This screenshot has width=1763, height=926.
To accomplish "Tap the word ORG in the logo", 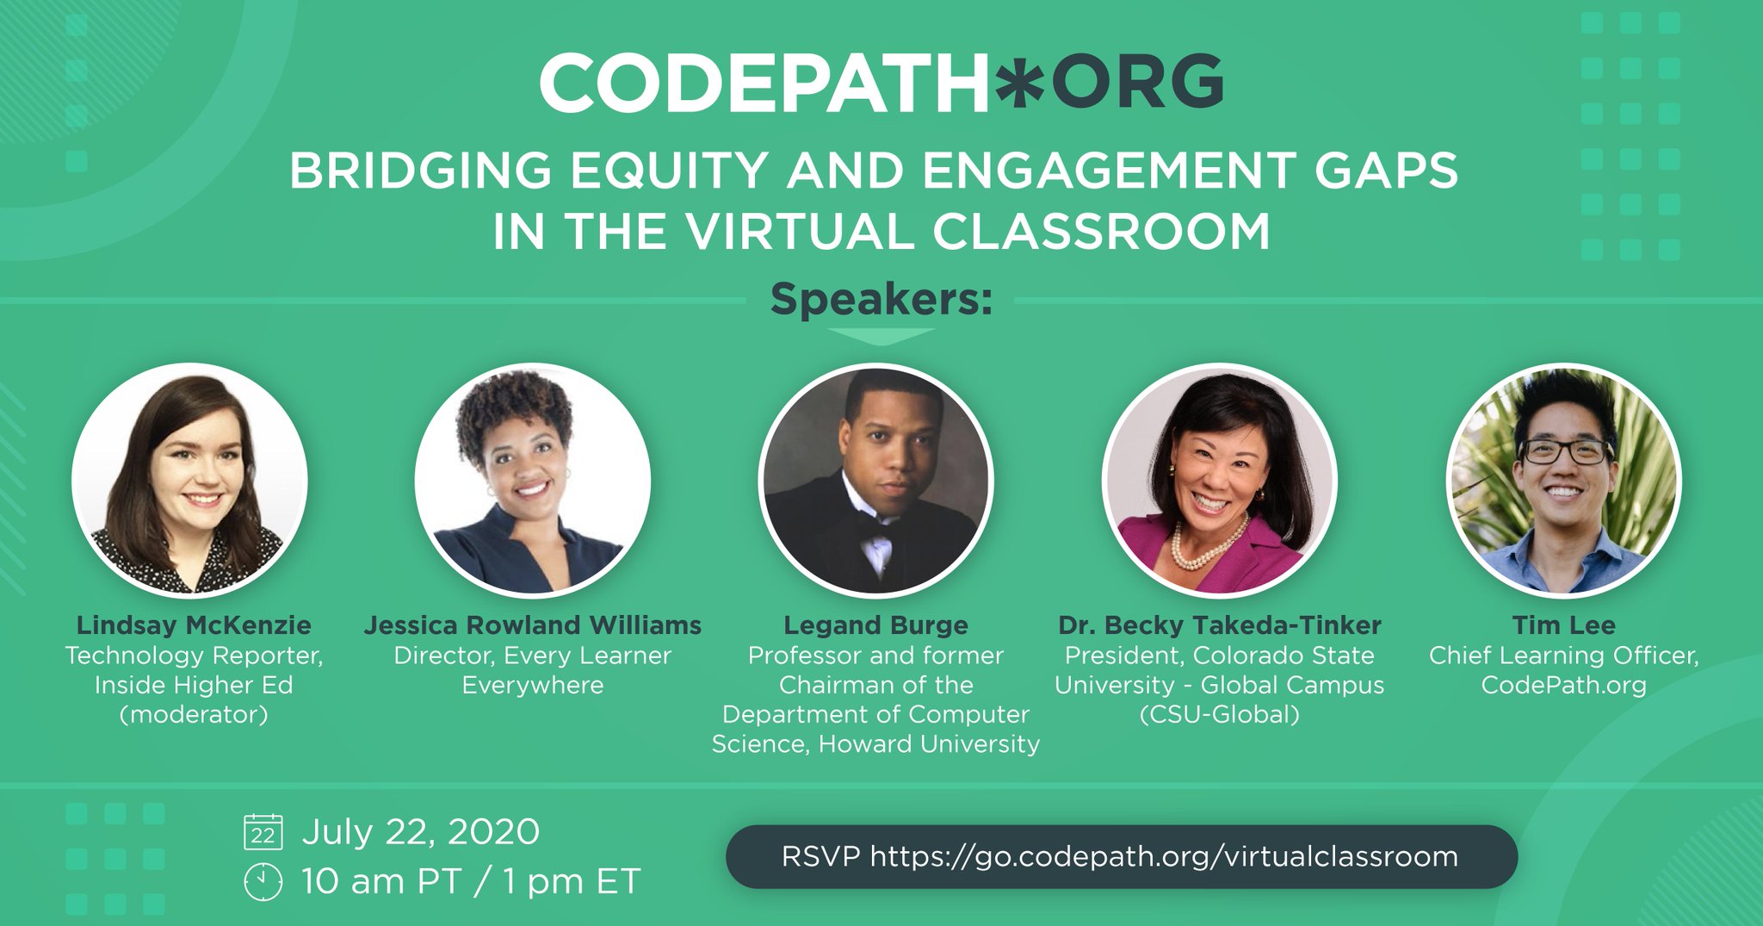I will click(1137, 83).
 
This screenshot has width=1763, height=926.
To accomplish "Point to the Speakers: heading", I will click(881, 300).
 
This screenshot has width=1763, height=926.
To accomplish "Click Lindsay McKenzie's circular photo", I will click(189, 480).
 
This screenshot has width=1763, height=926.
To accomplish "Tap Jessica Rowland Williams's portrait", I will click(532, 480).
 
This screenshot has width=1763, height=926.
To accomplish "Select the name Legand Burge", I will click(875, 625).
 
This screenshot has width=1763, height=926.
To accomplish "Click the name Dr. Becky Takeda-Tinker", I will click(1219, 625).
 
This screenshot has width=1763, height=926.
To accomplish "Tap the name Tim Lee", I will click(1563, 625).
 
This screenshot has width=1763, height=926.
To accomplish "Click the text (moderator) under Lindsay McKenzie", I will click(194, 714).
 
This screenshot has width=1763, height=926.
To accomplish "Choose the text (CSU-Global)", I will click(1219, 714).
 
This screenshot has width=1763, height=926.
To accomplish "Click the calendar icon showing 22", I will click(263, 832).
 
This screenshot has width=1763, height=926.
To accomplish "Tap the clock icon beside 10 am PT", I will click(263, 881).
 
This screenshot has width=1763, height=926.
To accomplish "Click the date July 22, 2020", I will click(420, 832).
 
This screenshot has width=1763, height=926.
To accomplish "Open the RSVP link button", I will click(1121, 857).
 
